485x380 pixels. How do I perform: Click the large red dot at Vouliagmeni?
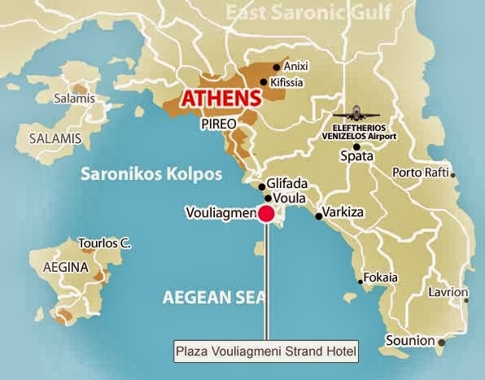pyautogui.click(x=265, y=214)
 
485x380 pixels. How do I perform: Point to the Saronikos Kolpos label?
pyautogui.click(x=131, y=174)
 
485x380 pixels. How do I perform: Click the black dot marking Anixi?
pyautogui.click(x=276, y=67)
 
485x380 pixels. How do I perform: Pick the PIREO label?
pyautogui.click(x=217, y=124)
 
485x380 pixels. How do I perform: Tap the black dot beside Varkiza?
pyautogui.click(x=317, y=216)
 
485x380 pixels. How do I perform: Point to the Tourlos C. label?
pyautogui.click(x=103, y=242)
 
